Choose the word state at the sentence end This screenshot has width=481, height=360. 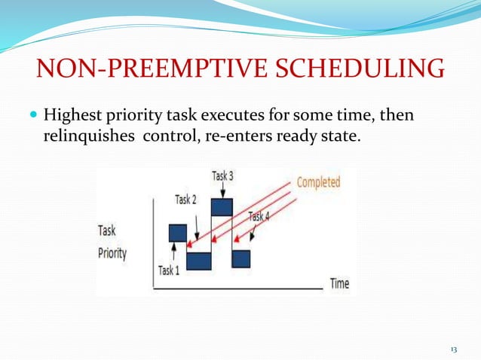click(329, 138)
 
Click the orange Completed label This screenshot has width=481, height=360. click(317, 182)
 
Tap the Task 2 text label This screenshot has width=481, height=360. click(186, 200)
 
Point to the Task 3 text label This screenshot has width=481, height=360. click(222, 176)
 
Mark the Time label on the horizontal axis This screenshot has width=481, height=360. click(339, 284)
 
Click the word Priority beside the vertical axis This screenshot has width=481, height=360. click(112, 253)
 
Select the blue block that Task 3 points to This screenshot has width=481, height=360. click(222, 206)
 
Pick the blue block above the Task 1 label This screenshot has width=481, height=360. click(177, 233)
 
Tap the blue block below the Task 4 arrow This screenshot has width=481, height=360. click(240, 258)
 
